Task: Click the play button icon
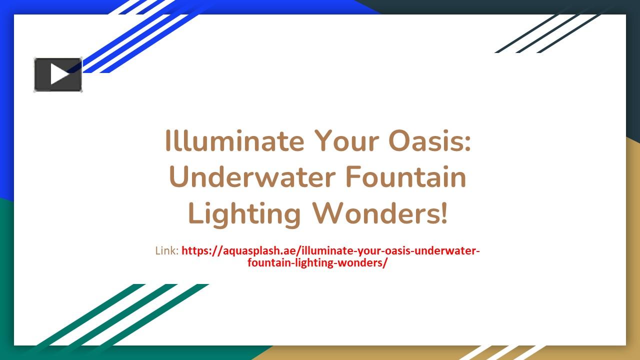tap(58, 74)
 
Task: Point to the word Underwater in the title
tap(250, 177)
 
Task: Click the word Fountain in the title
tap(405, 177)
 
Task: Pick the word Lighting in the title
tap(244, 213)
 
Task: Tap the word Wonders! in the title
tap(380, 213)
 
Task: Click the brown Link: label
tap(166, 250)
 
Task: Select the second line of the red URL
tap(317, 262)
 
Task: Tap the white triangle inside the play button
tap(59, 74)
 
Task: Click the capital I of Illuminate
tap(168, 141)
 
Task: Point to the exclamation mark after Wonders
tap(444, 213)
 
